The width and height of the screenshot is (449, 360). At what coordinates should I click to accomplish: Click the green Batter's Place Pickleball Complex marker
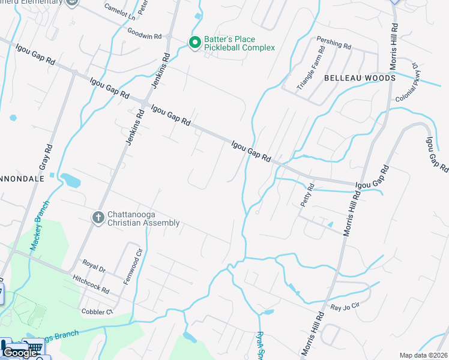[x=194, y=42]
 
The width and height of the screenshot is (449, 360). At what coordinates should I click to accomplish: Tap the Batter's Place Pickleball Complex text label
[x=239, y=43]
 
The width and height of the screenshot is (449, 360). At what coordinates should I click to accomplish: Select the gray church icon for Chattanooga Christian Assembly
[x=98, y=217]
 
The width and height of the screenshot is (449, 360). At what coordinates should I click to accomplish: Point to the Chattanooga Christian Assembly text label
[x=143, y=219]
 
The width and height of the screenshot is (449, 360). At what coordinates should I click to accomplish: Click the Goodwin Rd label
[x=145, y=36]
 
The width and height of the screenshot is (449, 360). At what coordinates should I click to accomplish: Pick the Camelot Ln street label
[x=119, y=11]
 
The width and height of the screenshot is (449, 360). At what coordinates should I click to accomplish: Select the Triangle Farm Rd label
[x=311, y=70]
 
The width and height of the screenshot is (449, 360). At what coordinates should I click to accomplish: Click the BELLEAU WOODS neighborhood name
[x=360, y=78]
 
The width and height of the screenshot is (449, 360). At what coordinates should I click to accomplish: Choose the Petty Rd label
[x=306, y=195]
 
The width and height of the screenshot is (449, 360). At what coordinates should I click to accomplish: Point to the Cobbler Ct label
[x=97, y=311]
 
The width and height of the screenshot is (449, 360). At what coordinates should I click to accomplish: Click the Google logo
[x=19, y=353]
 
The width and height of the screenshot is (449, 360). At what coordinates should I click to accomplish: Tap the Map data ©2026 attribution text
[x=423, y=355]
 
